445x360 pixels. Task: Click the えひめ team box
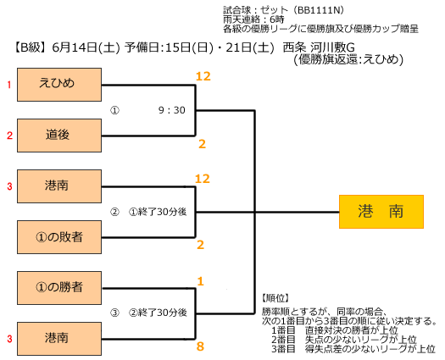[x=59, y=85]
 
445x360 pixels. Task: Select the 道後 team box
[x=59, y=136]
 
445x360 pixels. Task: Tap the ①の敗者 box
[x=59, y=237]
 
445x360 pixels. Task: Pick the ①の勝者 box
[x=59, y=288]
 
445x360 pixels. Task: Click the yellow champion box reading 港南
[x=381, y=212]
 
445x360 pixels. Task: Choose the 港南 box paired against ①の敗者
[x=59, y=186]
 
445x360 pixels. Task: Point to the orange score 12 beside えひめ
[x=203, y=76]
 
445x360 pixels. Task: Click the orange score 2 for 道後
[x=202, y=144]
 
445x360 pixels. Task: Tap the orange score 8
[x=200, y=346]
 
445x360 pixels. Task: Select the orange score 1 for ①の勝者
[x=201, y=281]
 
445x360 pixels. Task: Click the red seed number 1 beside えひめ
[x=9, y=85]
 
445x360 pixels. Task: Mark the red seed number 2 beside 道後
[x=10, y=136]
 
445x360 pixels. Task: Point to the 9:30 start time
[x=172, y=110]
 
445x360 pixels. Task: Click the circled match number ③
[x=114, y=313]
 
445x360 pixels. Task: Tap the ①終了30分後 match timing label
[x=158, y=212]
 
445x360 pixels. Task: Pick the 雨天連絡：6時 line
[x=253, y=19]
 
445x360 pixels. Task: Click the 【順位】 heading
[x=275, y=298]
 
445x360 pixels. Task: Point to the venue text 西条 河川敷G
[x=319, y=47]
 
